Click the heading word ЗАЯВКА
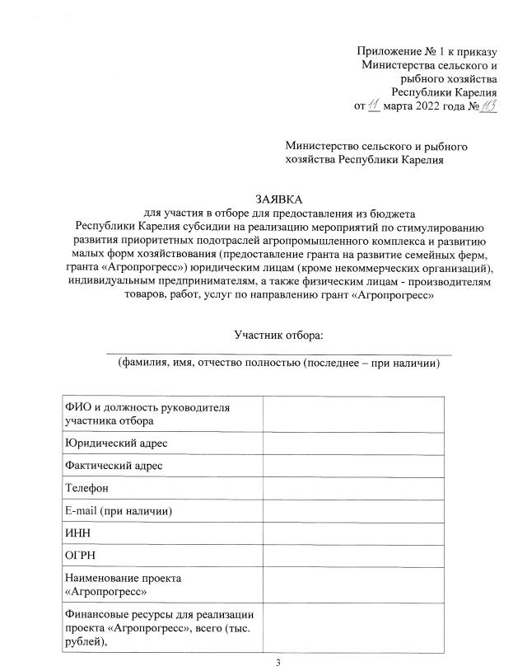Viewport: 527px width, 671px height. tap(279, 199)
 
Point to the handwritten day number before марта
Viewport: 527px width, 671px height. tap(374, 105)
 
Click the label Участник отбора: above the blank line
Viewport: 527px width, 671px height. tap(279, 335)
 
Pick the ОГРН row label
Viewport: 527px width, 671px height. tap(80, 557)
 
